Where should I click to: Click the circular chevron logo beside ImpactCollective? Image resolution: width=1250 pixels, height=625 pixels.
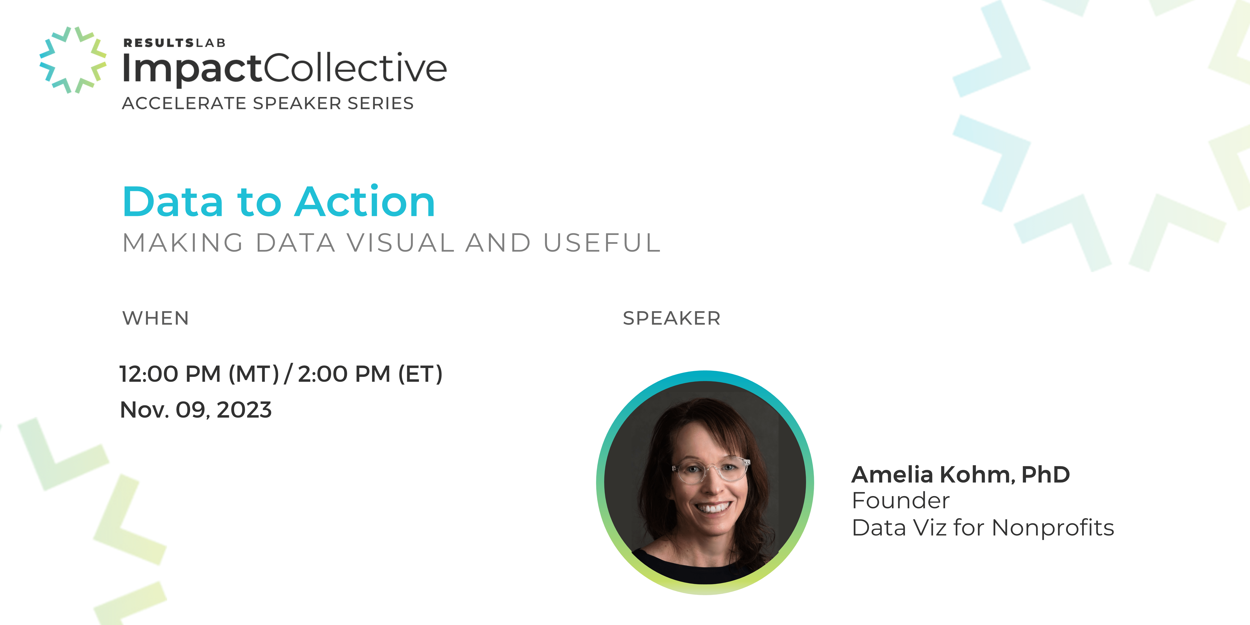73,60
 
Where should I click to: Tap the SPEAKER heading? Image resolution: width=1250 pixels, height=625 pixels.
672,318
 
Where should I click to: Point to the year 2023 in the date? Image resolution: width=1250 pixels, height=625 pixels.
244,410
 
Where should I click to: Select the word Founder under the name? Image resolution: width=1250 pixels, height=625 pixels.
901,501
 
